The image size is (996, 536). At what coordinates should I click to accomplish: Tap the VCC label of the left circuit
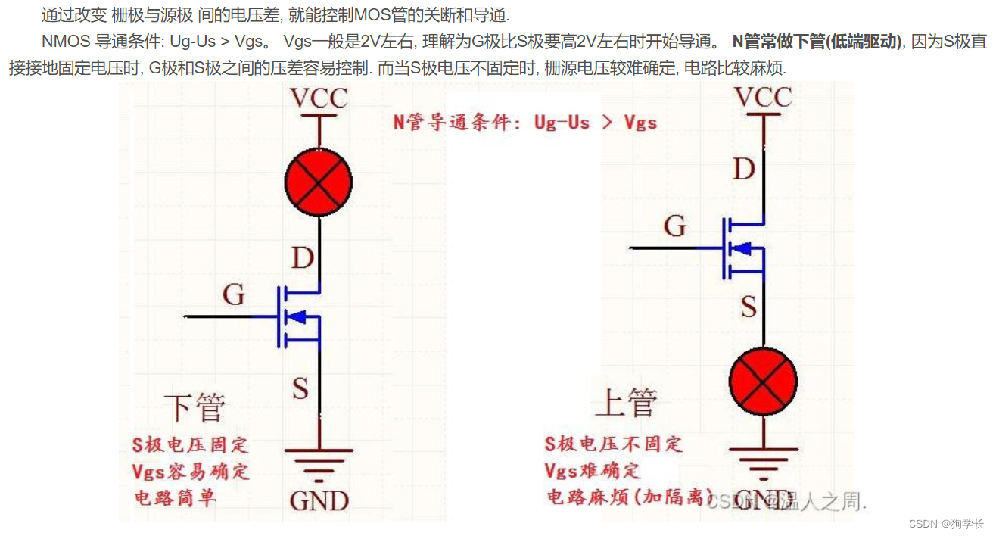319,98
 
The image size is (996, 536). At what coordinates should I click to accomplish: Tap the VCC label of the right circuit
764,97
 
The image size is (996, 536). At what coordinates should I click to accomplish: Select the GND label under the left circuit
319,500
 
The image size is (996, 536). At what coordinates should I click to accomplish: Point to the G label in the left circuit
233,294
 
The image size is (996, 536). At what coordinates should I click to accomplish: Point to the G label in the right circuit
675,226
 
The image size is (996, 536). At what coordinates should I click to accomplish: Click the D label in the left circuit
302,258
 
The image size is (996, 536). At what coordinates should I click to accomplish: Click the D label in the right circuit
744,170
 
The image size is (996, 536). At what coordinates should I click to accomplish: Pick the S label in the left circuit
300,389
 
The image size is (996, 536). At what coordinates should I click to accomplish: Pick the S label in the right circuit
748,307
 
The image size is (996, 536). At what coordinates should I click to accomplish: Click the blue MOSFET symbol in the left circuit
300,316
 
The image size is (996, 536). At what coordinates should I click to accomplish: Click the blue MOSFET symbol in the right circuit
743,248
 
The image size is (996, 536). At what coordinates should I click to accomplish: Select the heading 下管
195,407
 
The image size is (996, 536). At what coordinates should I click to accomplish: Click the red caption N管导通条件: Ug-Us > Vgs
524,122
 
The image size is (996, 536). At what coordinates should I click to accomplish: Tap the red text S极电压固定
190,444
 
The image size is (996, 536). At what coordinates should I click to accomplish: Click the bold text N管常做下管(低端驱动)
817,42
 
